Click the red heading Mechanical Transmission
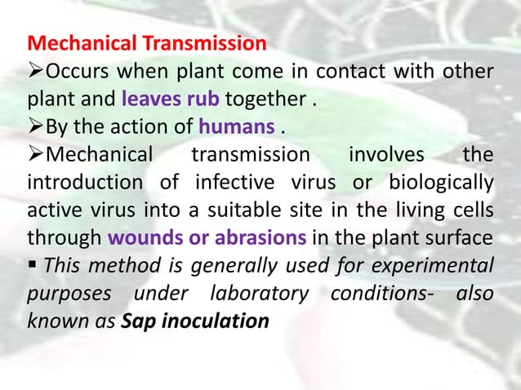[x=147, y=42]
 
